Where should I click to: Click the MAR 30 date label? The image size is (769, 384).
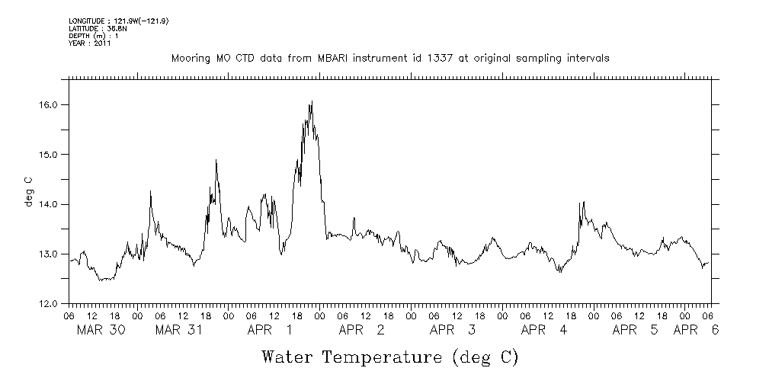tap(102, 330)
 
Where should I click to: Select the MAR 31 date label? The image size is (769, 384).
tap(178, 330)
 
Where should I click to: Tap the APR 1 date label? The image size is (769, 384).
tap(270, 330)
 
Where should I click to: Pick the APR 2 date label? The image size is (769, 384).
tap(361, 330)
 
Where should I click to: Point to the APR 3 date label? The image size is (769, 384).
tap(453, 330)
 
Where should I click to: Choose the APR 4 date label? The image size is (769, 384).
tap(544, 330)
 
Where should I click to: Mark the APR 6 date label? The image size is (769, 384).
tap(695, 330)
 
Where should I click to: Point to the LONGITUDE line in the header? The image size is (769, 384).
tap(118, 21)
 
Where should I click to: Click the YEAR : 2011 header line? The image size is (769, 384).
tap(90, 44)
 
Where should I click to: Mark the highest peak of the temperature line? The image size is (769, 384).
tap(312, 101)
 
